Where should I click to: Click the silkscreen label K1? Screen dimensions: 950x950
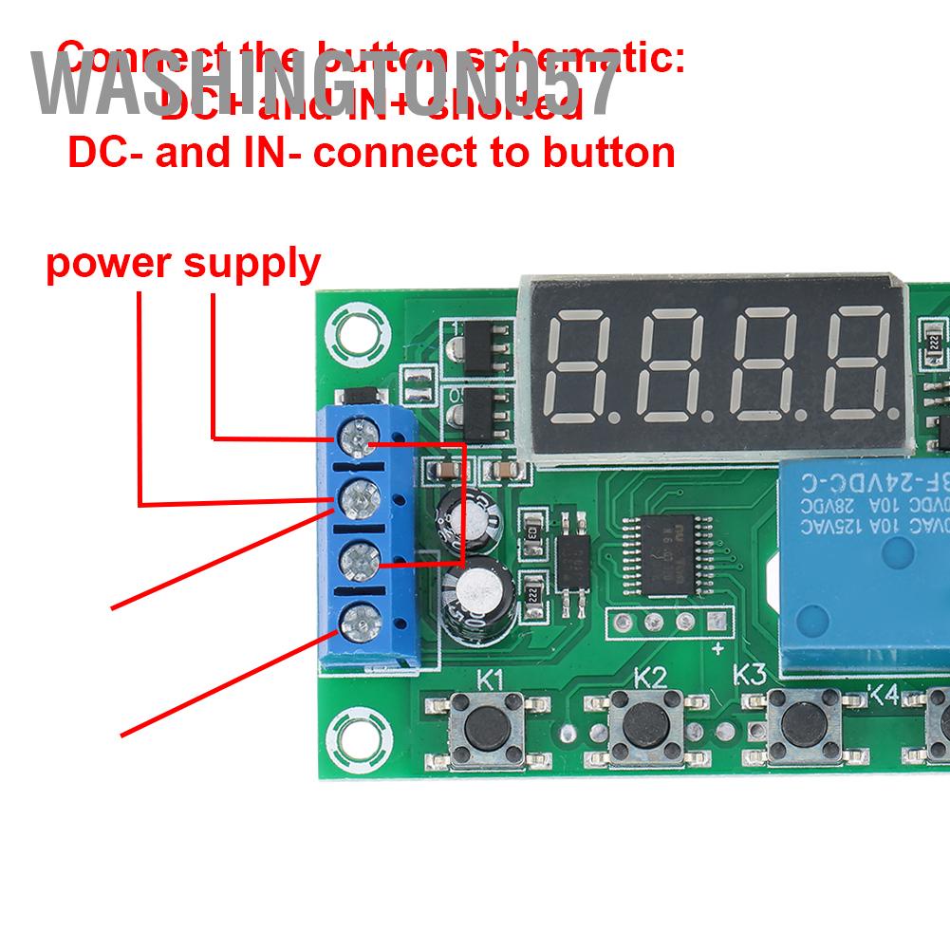click(x=491, y=680)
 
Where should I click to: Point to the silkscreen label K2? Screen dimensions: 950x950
click(x=650, y=678)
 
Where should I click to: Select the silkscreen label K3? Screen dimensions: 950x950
click(x=750, y=675)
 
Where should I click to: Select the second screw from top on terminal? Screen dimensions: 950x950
click(x=356, y=498)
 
